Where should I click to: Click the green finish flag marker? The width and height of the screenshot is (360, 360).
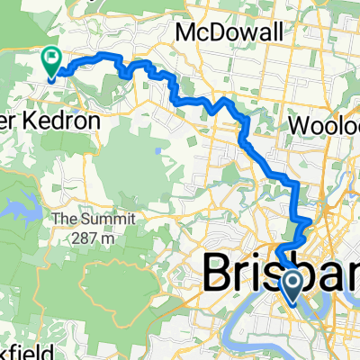click(50, 61)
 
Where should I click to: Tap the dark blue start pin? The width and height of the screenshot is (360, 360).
click(293, 285)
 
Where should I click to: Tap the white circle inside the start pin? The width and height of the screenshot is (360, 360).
click(293, 283)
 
